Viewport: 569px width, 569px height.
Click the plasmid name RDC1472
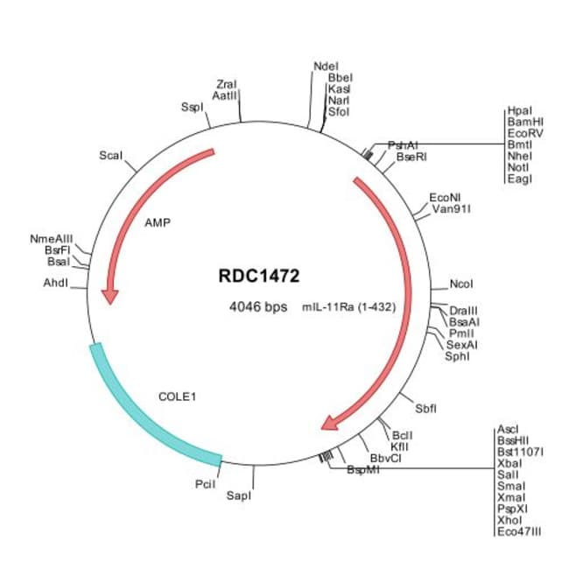coord(258,276)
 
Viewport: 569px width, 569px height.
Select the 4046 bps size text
coord(258,307)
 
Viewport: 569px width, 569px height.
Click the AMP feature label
coord(157,222)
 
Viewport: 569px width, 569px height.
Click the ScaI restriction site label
coord(111,155)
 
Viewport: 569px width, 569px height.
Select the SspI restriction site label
coord(192,107)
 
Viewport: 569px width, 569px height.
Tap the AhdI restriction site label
coord(55,283)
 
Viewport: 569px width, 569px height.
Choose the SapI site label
coord(238,495)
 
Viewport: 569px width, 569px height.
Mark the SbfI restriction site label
coord(425,408)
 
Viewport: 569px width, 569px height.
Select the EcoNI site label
coord(443,199)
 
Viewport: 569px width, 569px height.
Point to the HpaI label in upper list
coord(518,110)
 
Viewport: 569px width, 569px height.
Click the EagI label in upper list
coord(518,179)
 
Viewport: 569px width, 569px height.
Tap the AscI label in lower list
coord(508,429)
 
